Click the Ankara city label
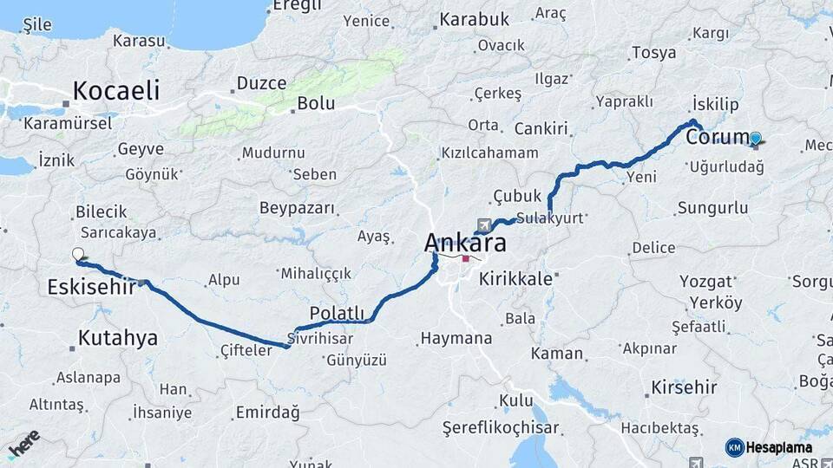click(465, 244)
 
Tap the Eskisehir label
click(91, 287)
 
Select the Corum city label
click(717, 138)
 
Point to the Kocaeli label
click(116, 90)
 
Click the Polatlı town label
click(337, 313)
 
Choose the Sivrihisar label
click(324, 338)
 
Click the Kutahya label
click(118, 338)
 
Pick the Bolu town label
click(316, 103)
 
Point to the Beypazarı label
click(297, 208)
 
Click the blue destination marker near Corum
click(756, 138)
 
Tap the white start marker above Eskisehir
click(78, 254)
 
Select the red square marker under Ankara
click(466, 258)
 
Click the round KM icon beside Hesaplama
click(734, 447)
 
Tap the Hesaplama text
click(779, 447)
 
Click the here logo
click(23, 443)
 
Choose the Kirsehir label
click(684, 387)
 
